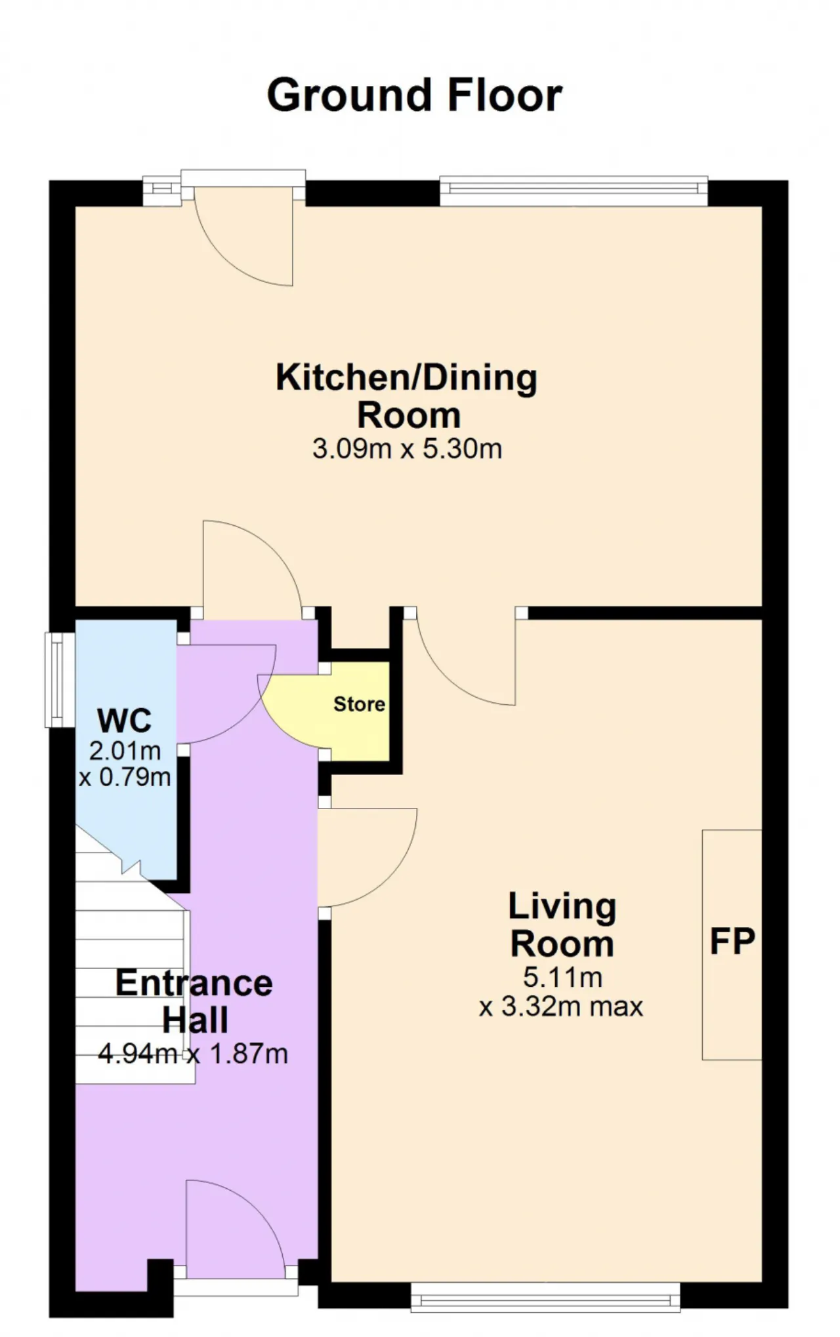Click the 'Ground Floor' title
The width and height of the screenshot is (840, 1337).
[x=414, y=95]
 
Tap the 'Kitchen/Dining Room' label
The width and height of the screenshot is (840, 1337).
[x=407, y=396]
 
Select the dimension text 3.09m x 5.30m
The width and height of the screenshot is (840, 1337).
[x=407, y=449]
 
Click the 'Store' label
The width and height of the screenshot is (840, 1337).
[x=359, y=704]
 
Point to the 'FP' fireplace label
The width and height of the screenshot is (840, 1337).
[x=732, y=941]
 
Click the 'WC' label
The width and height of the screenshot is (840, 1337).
[x=125, y=720]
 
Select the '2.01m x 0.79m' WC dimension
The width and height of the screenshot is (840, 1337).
[x=125, y=764]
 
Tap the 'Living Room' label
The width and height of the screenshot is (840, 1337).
[x=562, y=925]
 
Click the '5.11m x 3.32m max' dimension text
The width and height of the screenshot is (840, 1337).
[x=562, y=991]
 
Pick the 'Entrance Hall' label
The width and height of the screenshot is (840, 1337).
[x=194, y=1001]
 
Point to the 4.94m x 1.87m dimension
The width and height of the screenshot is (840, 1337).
[x=193, y=1054]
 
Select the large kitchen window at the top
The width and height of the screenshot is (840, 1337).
[x=574, y=191]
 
